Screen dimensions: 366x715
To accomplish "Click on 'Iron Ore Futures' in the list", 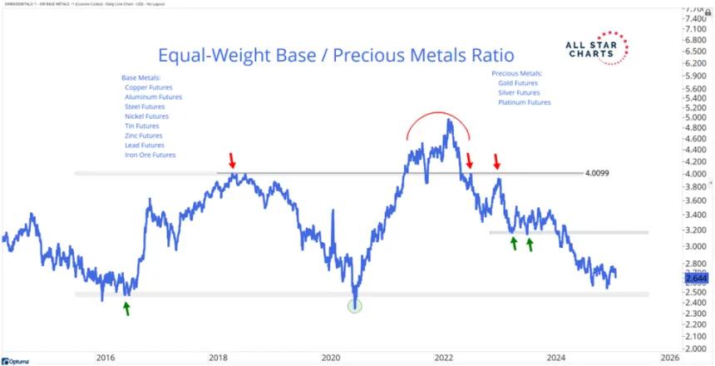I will point(150,155).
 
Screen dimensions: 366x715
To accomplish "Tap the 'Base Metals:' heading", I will point(142,77).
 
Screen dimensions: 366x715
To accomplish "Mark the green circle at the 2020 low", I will point(355,305).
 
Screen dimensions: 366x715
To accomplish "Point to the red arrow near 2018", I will point(234,157).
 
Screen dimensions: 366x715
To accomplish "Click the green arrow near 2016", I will point(126,308).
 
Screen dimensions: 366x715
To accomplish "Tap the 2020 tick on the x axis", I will point(331,358).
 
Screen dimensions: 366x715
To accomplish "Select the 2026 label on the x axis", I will point(669,358).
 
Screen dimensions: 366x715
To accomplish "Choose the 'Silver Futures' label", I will point(521,92).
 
